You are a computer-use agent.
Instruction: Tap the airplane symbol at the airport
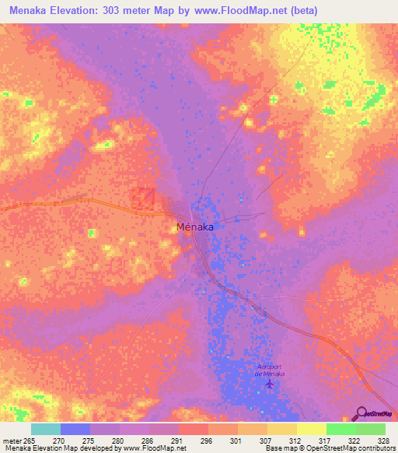[x=270, y=383]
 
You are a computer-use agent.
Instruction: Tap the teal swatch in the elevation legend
[x=46, y=429]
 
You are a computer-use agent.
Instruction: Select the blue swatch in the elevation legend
[x=75, y=429]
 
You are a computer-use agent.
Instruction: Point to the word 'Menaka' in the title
[x=24, y=8]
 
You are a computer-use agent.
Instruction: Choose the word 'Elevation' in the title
[x=72, y=8]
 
